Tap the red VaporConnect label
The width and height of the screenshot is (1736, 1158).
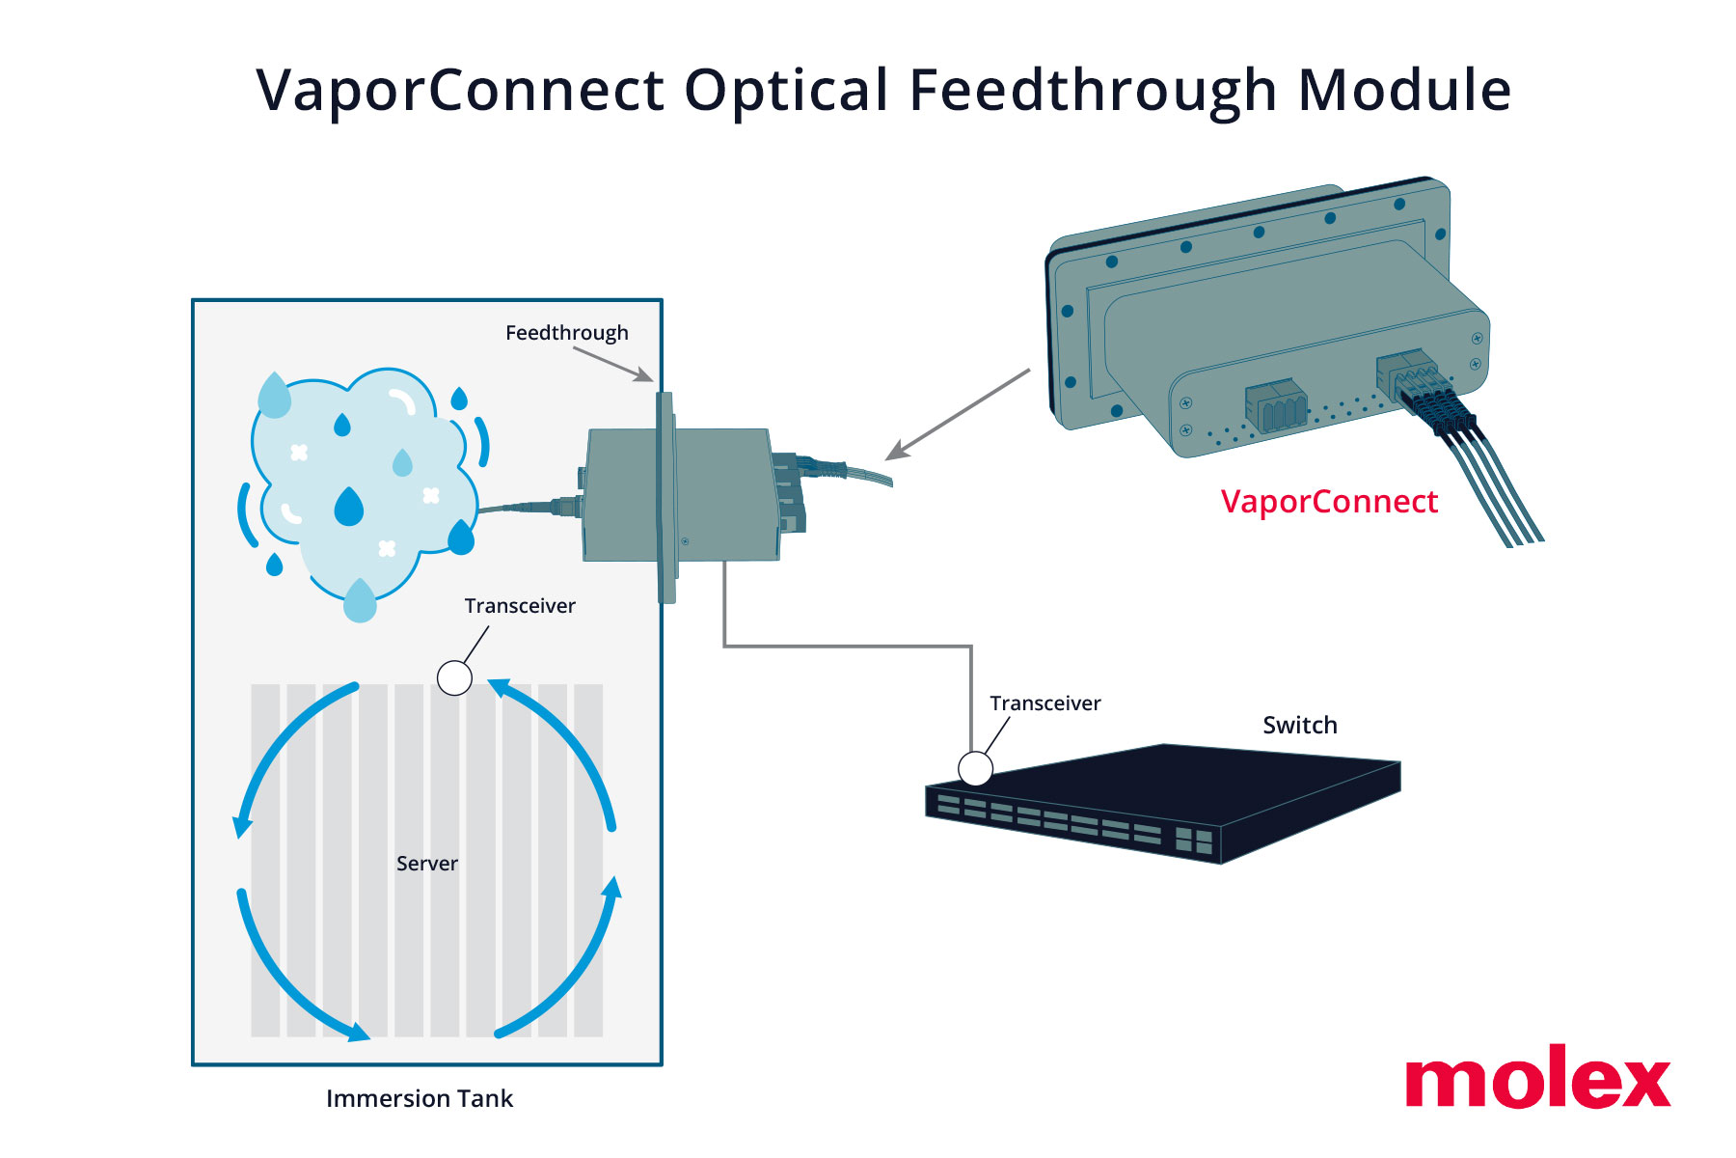tap(1329, 502)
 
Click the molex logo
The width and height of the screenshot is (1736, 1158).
tap(1537, 1078)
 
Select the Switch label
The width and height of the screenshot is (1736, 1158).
tap(1300, 726)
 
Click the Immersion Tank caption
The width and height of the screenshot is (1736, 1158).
tap(420, 1099)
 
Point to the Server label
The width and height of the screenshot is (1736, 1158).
tap(426, 864)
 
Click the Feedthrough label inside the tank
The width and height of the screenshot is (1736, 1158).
tap(566, 333)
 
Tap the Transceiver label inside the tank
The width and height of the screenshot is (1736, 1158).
tap(520, 606)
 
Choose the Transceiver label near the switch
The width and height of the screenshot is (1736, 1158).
tap(1045, 703)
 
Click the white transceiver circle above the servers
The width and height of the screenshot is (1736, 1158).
tap(454, 677)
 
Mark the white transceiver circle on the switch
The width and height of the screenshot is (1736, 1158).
tap(975, 769)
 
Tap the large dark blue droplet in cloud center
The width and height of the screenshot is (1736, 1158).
tap(348, 507)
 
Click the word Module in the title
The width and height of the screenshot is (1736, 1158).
tap(1404, 91)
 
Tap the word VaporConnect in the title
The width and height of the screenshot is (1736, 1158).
tap(460, 91)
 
